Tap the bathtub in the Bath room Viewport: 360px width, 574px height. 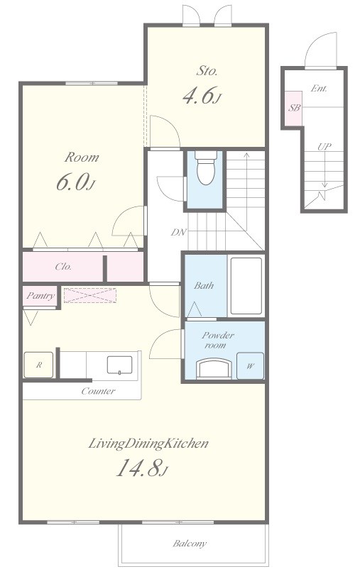[x=246, y=285]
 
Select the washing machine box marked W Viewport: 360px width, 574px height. [x=250, y=365]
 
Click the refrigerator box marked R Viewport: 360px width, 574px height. [x=38, y=365]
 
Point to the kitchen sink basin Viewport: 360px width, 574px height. [x=119, y=365]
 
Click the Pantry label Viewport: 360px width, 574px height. [x=40, y=296]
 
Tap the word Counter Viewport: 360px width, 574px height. [x=98, y=391]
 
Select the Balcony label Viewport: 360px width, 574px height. [x=190, y=543]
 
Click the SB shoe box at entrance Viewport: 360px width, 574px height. [x=294, y=108]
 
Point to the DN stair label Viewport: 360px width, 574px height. [x=179, y=232]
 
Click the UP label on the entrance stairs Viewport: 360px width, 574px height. [x=324, y=147]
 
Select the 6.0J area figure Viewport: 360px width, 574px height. [x=76, y=182]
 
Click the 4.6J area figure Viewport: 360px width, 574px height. [x=202, y=96]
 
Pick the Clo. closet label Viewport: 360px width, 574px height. [x=63, y=267]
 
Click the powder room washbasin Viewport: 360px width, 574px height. [x=214, y=368]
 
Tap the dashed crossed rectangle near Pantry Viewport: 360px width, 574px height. [x=90, y=295]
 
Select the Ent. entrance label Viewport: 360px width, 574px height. [x=319, y=88]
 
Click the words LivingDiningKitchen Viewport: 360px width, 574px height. [x=148, y=443]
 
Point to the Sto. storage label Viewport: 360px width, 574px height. [x=207, y=70]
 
